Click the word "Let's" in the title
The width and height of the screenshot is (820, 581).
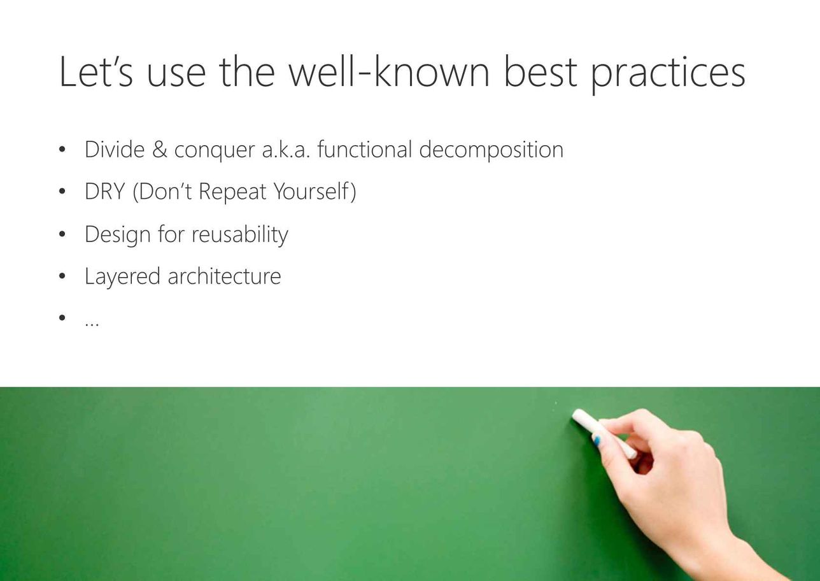[x=96, y=71]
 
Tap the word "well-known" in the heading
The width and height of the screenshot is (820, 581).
[x=389, y=71]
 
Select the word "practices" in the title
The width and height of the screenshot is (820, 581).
[x=668, y=75]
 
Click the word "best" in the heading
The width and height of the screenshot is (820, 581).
[x=541, y=71]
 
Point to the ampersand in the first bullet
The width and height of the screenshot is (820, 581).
[x=160, y=150]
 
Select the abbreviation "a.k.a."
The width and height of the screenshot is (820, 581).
[x=286, y=150]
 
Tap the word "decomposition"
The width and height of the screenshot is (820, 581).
[x=491, y=151]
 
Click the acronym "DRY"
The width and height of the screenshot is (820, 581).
[x=104, y=191]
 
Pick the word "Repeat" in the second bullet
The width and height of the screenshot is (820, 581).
[x=232, y=192]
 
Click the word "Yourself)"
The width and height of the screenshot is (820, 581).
[x=315, y=192]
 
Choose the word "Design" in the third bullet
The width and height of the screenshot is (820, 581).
[x=118, y=235]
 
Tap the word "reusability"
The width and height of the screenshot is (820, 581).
[x=240, y=235]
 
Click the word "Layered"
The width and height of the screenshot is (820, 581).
[x=123, y=276]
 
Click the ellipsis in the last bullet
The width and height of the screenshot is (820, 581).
[x=92, y=325]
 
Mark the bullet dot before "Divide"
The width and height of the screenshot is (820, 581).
[x=62, y=150]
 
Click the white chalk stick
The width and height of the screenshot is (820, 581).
[x=604, y=434]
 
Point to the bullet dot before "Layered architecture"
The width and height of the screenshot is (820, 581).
[x=62, y=276]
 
